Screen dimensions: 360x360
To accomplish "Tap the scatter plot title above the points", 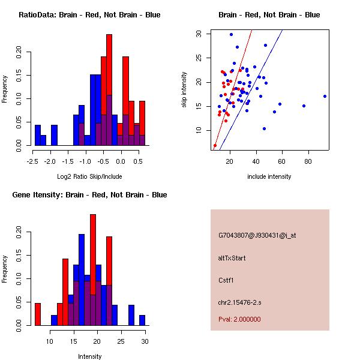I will pos(269,14).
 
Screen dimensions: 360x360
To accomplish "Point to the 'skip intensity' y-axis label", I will pos(184,90).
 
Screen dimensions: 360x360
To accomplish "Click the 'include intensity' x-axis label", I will pos(269,176).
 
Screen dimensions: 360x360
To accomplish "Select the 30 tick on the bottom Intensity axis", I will pos(144,341).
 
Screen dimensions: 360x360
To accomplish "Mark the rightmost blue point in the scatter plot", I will pos(325,96).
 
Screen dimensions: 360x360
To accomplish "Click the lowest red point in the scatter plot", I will pos(215,146).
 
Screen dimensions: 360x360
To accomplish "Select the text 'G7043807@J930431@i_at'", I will pos(257,235).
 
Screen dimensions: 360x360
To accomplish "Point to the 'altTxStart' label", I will pos(232,258).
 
